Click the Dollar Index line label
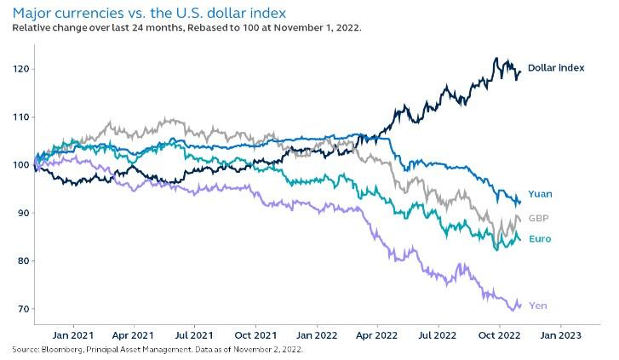(555, 67)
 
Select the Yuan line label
(540, 194)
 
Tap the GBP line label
(538, 218)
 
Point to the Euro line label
(540, 239)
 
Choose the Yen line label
(537, 305)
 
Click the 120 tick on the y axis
(21, 68)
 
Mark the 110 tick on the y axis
(21, 117)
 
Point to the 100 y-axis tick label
(21, 164)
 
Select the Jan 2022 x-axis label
(316, 335)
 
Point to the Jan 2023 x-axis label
(560, 335)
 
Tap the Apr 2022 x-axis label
(376, 335)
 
